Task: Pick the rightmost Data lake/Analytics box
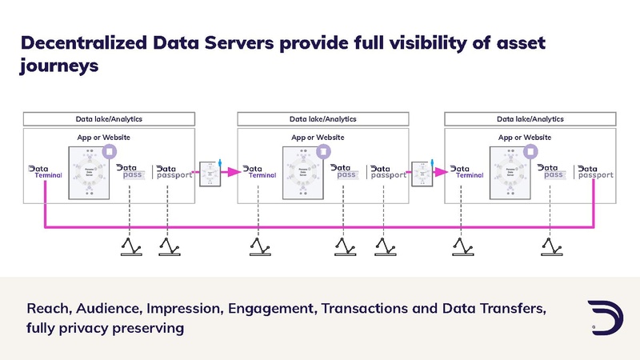[x=530, y=119]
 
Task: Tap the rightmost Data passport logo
[x=595, y=171]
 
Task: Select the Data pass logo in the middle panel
[x=345, y=171]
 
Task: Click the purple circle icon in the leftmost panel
[x=110, y=151]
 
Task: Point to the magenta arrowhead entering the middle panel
[x=234, y=171]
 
